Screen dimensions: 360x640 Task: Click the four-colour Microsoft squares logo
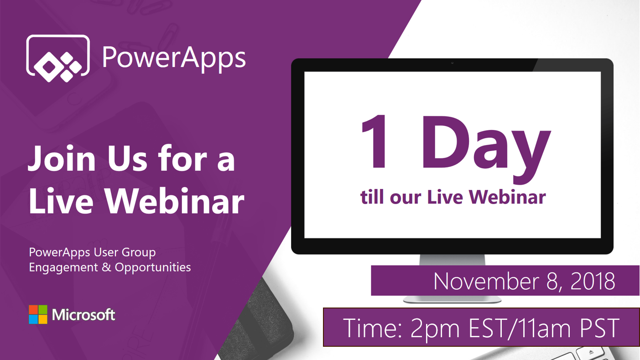[38, 314]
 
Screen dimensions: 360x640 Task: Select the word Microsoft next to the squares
[83, 315]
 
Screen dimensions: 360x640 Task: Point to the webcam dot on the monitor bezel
[452, 63]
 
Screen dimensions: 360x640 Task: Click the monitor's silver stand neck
[452, 260]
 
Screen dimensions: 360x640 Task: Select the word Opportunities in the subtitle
[153, 267]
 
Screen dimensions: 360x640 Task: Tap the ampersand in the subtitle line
[106, 267]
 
